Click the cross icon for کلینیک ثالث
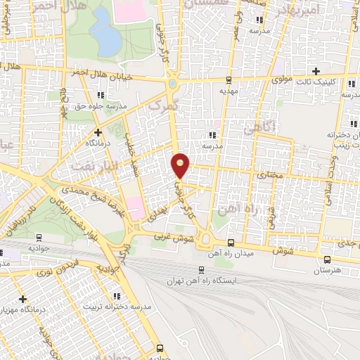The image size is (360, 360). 316,71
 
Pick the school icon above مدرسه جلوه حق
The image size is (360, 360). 103,94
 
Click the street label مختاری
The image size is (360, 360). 271,172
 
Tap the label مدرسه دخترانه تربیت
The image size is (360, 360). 118,307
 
